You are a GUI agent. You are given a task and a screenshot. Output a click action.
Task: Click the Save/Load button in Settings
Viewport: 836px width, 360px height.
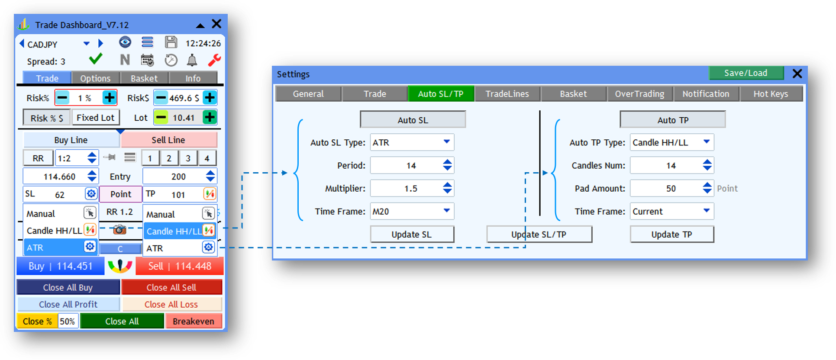(746, 73)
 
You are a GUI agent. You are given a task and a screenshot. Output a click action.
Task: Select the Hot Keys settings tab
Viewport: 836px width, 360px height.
(771, 94)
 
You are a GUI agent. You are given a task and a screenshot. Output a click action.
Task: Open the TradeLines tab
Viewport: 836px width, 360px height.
(507, 94)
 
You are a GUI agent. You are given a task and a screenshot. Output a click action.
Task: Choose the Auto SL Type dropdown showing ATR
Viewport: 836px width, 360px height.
(412, 142)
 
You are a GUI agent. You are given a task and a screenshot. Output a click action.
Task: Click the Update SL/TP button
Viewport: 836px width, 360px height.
(539, 235)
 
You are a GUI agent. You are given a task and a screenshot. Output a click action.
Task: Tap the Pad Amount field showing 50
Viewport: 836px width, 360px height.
(671, 189)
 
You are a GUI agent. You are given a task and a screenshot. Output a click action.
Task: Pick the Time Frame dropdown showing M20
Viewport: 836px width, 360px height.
(412, 211)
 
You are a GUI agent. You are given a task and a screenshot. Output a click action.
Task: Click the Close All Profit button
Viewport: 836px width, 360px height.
(68, 304)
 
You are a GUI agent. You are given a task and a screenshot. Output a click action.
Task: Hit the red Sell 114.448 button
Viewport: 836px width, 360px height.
(180, 266)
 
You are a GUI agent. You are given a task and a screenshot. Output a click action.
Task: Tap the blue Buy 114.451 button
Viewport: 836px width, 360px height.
(61, 266)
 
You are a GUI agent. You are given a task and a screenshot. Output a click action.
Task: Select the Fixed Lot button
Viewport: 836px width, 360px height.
(96, 118)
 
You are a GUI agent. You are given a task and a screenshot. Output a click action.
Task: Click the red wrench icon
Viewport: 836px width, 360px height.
(214, 60)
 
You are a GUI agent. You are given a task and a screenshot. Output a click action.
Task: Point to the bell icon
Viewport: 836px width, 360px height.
(192, 60)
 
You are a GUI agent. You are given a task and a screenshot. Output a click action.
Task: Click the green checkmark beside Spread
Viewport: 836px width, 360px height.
(96, 58)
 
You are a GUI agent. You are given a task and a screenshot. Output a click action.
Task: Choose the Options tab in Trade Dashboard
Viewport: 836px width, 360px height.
(95, 78)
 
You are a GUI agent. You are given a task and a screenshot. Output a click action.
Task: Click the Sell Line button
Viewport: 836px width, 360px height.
(169, 140)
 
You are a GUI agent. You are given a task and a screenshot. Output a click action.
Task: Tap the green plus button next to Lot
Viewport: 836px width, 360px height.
(210, 117)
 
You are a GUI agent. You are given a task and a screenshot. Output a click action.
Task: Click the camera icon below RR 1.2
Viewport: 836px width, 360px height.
(119, 229)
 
